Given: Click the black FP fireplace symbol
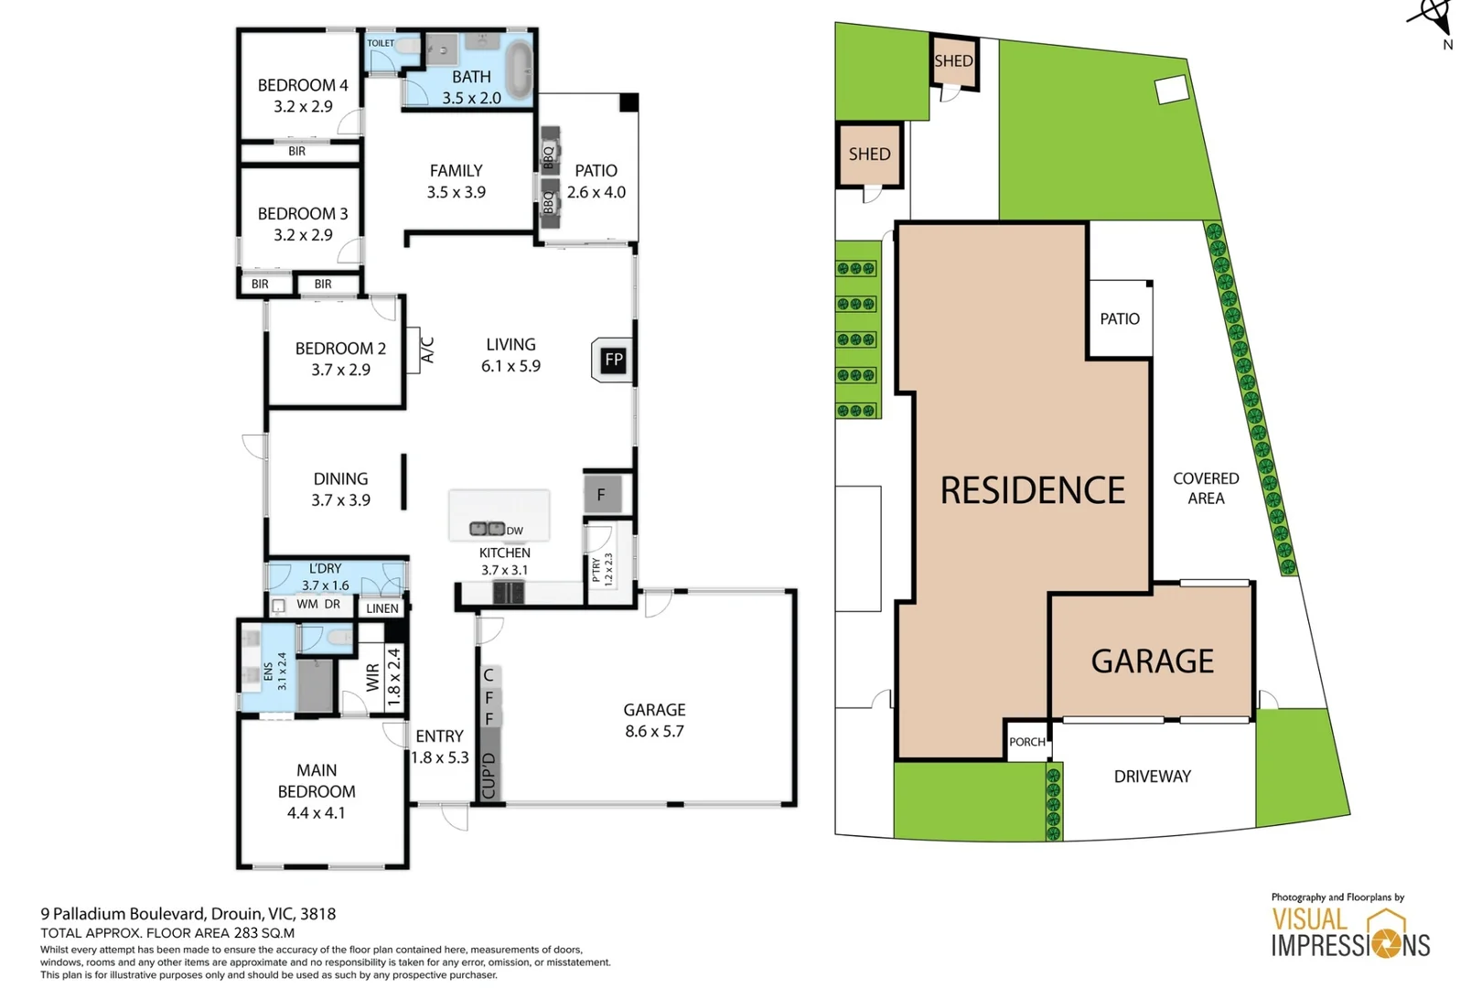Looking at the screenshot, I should click(x=613, y=360).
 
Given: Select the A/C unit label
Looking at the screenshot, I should click(x=426, y=349).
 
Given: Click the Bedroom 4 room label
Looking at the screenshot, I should click(x=303, y=85).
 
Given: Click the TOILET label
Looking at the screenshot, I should click(x=381, y=43).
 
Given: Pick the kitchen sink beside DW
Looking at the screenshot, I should click(x=487, y=529).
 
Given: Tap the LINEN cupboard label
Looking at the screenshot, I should click(x=382, y=608).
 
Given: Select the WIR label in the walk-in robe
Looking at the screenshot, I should click(x=373, y=678).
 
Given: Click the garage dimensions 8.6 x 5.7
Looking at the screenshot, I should click(x=654, y=731).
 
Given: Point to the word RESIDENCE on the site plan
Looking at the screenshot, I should click(x=1033, y=491).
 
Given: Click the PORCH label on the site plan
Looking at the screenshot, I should click(x=1027, y=742).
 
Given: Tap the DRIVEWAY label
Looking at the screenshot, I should click(x=1152, y=777).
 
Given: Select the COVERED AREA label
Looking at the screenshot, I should click(x=1206, y=489).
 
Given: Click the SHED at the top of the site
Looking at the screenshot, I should click(x=953, y=61).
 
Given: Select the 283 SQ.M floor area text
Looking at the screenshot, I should click(x=264, y=933).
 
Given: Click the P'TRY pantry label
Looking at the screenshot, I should click(x=596, y=569).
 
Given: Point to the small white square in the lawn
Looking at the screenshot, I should click(x=1170, y=90).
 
